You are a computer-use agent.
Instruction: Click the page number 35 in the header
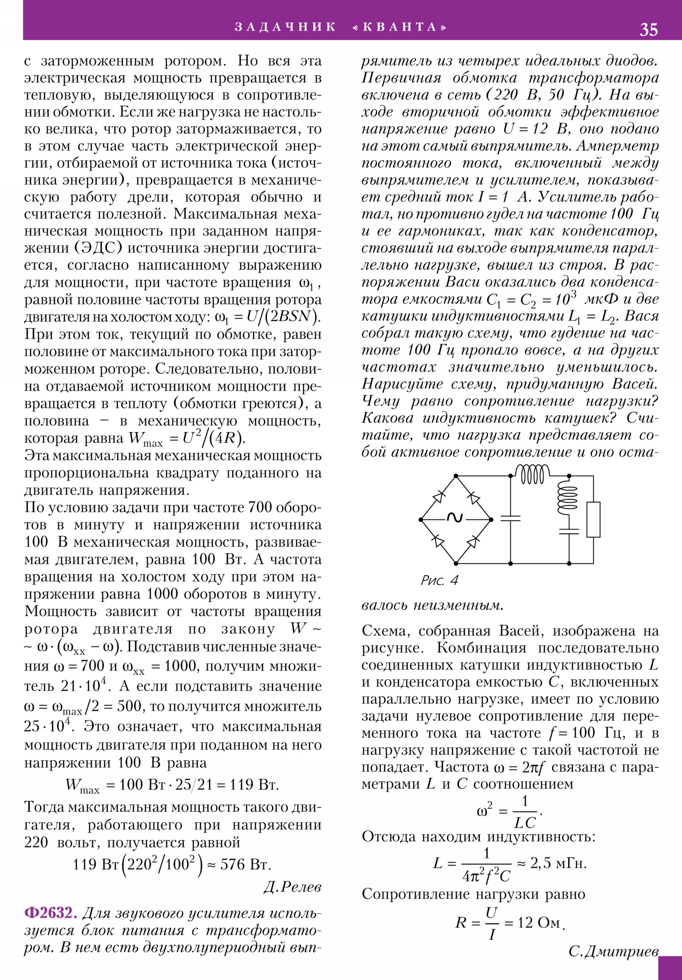point(648,29)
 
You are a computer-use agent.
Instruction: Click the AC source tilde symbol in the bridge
point(455,518)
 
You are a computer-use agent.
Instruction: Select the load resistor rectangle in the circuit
point(593,519)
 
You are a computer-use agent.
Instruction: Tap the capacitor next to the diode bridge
point(510,518)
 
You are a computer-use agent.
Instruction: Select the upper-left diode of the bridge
point(439,497)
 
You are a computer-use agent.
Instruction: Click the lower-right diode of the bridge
point(472,542)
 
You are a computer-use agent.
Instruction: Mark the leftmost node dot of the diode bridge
point(421,519)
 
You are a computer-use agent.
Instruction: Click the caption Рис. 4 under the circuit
point(439,580)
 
